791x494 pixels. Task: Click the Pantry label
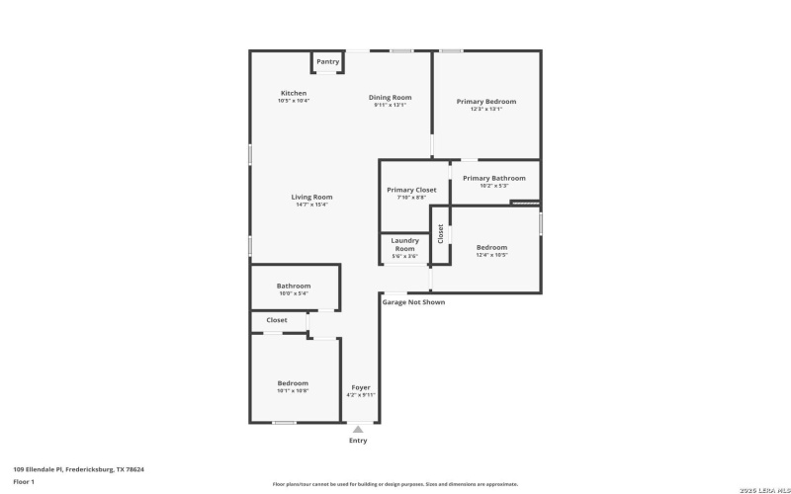pos(327,62)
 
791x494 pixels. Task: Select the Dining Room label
pos(390,98)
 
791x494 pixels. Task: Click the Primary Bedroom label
pos(485,102)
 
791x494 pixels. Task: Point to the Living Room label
pos(311,198)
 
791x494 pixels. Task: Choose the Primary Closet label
pos(411,190)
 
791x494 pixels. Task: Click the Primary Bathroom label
pos(493,179)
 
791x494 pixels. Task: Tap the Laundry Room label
pos(404,244)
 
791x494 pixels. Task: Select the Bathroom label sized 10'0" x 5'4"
pos(294,287)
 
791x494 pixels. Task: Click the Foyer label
pos(361,387)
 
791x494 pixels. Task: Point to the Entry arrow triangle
pos(358,429)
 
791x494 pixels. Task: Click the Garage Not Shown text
pos(413,302)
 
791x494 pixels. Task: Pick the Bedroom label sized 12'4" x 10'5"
pos(491,248)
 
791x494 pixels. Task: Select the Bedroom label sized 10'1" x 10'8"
pos(293,383)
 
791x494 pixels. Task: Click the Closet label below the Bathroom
pos(277,320)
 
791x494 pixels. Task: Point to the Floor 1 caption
pos(24,481)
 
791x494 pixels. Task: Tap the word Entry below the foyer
pos(358,441)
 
